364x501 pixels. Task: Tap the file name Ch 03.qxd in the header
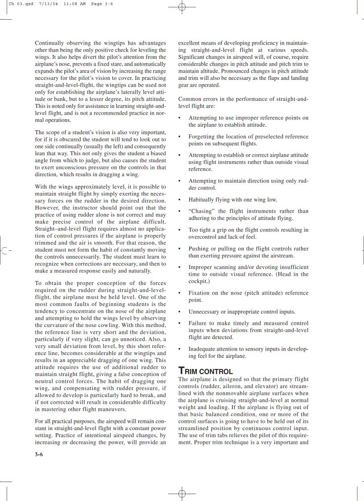point(21,3)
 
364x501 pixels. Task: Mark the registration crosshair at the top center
point(182,7)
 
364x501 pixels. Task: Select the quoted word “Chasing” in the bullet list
point(200,211)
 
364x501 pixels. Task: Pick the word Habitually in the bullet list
point(203,200)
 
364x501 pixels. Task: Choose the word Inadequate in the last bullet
point(203,349)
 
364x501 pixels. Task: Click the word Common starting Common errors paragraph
point(190,99)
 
